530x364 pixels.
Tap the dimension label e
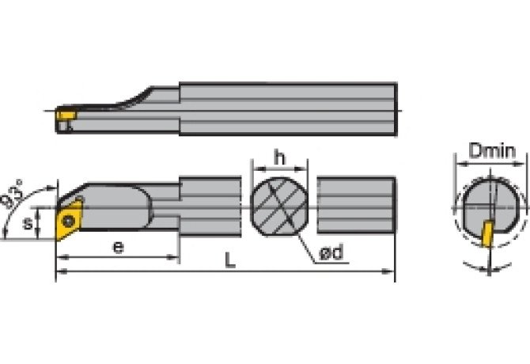(x=118, y=246)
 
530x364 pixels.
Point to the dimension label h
(x=279, y=158)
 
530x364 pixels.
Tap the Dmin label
(x=492, y=150)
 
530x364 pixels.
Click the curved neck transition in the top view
(x=142, y=97)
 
